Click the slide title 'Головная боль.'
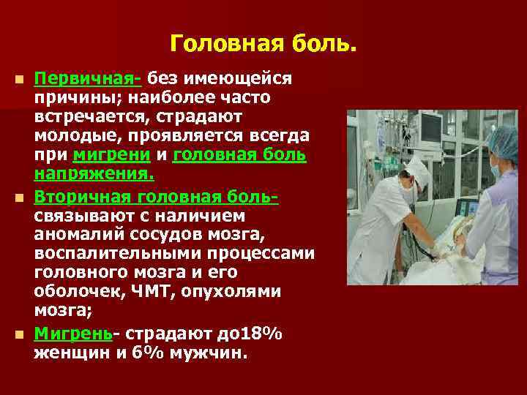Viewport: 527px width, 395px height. (x=263, y=44)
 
